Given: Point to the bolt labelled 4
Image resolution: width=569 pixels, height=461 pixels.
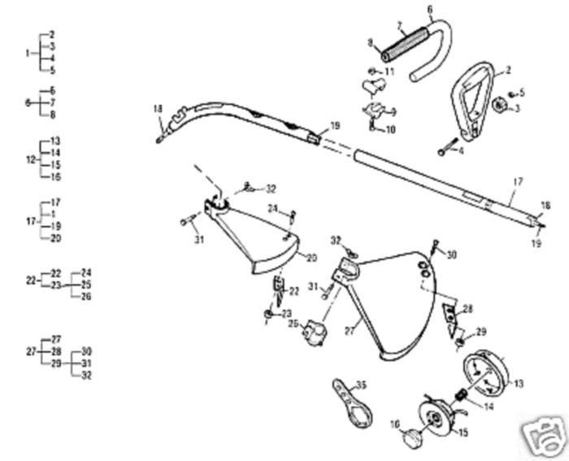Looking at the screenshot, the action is (448, 150).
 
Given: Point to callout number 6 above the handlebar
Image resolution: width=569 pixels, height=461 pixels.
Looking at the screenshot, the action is (429, 9).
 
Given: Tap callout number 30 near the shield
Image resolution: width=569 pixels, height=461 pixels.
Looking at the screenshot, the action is (452, 254).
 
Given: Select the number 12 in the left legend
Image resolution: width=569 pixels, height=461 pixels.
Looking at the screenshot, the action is (31, 159).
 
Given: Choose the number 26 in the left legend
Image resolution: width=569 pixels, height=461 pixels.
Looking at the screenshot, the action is (86, 296).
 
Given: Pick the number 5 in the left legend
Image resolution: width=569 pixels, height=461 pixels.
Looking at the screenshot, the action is (51, 71).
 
